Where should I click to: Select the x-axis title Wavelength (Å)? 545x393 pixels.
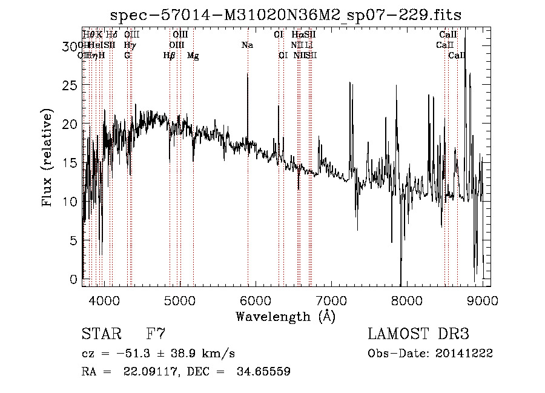coord(285,316)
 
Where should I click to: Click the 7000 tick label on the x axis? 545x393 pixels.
coord(331,299)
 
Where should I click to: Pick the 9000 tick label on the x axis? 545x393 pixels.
coord(483,299)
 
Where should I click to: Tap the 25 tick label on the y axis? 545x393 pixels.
coord(71,85)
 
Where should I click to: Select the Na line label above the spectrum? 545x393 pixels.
coord(247,45)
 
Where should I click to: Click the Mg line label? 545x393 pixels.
coord(193,56)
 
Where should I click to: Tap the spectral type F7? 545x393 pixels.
coord(156,334)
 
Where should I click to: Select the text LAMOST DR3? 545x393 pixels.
coord(418,334)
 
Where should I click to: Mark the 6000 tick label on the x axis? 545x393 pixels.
coord(256,299)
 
